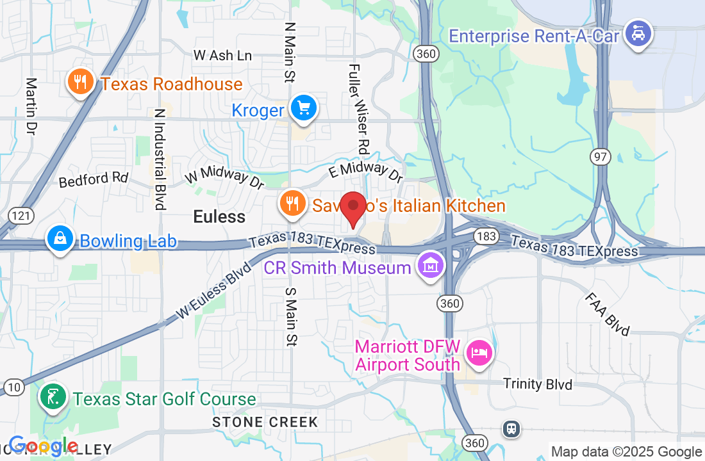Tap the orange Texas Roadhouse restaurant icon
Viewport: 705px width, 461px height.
click(x=80, y=82)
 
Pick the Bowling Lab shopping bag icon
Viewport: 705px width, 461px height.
click(x=60, y=239)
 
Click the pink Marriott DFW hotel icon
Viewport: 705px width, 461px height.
click(x=479, y=352)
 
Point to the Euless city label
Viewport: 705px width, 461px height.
click(x=219, y=217)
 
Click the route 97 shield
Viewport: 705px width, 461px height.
click(x=602, y=158)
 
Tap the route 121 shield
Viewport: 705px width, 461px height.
click(x=22, y=215)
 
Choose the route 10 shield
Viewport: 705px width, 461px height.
click(x=14, y=387)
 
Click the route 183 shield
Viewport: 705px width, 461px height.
click(x=486, y=237)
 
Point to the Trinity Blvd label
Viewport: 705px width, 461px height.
click(x=538, y=384)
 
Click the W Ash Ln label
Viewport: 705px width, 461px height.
click(x=222, y=56)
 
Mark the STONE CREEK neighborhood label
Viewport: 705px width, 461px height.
click(x=265, y=422)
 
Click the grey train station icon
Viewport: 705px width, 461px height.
click(x=511, y=428)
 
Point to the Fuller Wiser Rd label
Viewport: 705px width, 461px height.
click(x=358, y=109)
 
